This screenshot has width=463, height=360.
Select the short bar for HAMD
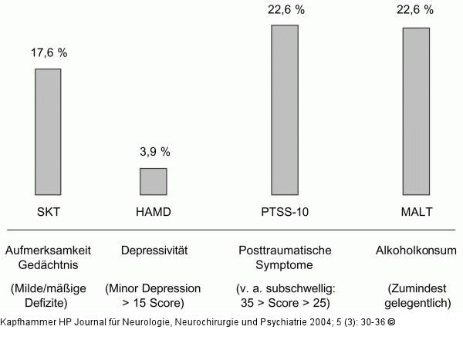click(153, 181)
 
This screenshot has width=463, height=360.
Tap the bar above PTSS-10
click(284, 109)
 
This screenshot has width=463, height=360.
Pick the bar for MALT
click(416, 111)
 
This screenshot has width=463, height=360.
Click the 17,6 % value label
click(49, 53)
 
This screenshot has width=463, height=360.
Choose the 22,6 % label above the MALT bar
click(416, 10)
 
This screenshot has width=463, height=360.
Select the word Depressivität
click(154, 251)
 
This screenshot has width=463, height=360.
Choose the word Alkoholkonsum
click(416, 251)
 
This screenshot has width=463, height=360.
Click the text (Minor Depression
click(153, 288)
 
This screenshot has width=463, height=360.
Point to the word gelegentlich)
click(417, 303)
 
